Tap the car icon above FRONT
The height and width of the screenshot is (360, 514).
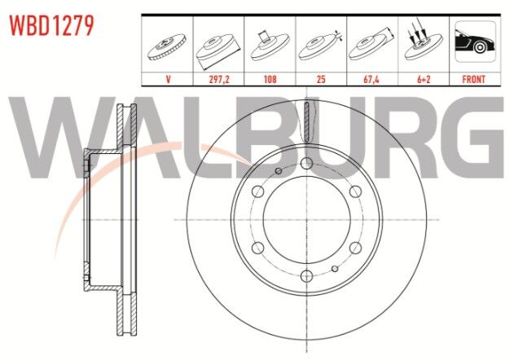(474, 42)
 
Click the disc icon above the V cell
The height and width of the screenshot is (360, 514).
(168, 46)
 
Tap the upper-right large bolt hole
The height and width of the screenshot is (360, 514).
(355, 191)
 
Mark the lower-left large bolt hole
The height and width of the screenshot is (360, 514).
(257, 248)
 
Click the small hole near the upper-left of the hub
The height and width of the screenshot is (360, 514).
(278, 171)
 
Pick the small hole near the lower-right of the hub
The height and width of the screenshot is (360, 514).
(335, 268)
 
